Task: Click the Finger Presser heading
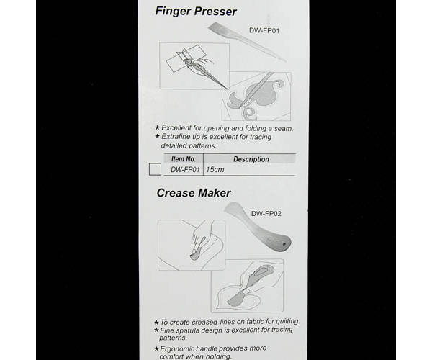coord(196,12)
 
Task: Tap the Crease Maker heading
coord(194,193)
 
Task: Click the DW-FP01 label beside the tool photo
coord(264,30)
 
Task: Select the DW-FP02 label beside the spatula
coord(266,214)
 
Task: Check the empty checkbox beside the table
coord(155,169)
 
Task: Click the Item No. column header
coord(184,159)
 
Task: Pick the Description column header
coord(251,159)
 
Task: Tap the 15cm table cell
coord(215,170)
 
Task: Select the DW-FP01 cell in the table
coord(185,170)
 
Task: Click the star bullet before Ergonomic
coord(156,349)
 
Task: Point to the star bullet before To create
coord(156,323)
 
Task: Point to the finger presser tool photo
coord(247,42)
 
